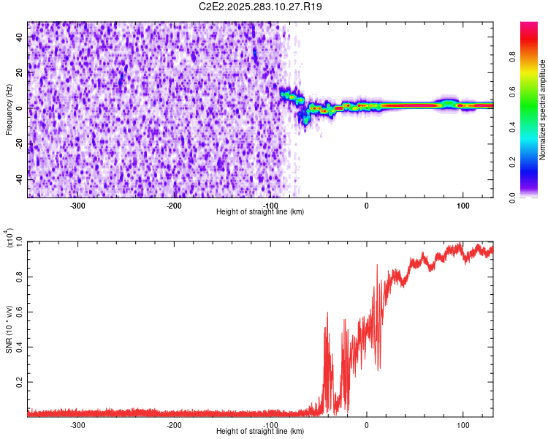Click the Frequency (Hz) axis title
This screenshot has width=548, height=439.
[9, 109]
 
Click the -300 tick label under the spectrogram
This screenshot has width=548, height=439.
[77, 206]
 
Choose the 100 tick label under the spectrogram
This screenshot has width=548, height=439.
[463, 206]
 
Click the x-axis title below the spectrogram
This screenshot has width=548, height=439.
[260, 211]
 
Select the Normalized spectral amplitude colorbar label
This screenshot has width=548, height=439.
[543, 109]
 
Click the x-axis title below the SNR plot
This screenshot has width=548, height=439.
[260, 431]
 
